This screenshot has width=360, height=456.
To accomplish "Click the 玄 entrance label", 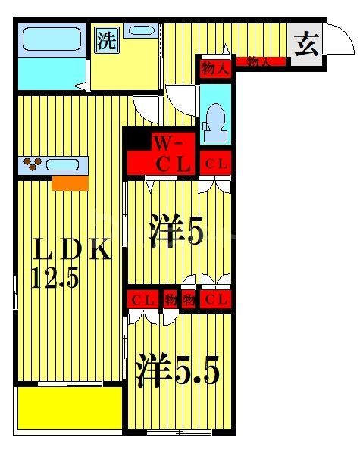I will click(x=306, y=45).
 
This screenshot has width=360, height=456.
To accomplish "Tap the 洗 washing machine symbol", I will click(x=106, y=41).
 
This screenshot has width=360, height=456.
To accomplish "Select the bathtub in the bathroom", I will click(x=50, y=42).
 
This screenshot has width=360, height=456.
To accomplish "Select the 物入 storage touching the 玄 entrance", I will click(x=260, y=62).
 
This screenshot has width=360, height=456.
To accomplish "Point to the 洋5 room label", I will click(x=176, y=232).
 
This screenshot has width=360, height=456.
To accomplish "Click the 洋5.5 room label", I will click(x=177, y=370).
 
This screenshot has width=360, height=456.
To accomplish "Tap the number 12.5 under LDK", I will click(x=55, y=279).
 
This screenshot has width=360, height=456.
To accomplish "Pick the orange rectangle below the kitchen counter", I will click(x=70, y=183).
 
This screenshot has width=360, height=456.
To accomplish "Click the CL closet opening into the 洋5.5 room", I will click(x=142, y=299).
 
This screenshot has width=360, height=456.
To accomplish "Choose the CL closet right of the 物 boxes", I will click(x=215, y=299).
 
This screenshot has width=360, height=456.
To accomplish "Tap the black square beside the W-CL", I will click(x=136, y=139).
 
